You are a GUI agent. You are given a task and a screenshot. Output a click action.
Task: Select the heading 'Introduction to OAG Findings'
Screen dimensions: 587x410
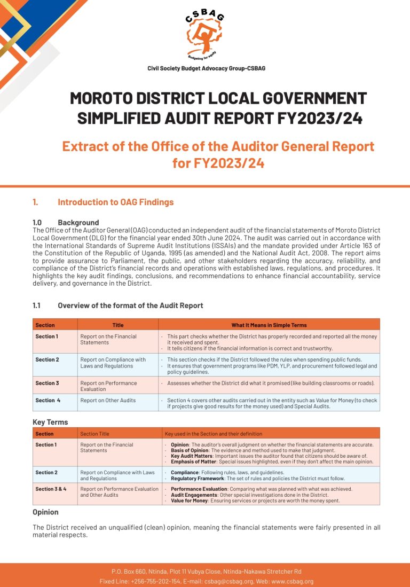point(115,202)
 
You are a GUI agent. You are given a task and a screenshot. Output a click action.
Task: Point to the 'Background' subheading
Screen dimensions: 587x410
point(78,222)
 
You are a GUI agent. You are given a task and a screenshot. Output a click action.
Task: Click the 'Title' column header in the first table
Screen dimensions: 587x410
point(118,325)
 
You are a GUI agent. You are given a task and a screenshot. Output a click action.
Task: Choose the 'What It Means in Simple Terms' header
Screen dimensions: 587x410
point(269,325)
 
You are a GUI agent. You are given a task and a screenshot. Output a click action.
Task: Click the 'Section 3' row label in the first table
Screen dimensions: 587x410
point(47,383)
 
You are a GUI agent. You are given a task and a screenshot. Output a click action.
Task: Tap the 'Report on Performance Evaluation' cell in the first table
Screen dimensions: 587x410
point(108,386)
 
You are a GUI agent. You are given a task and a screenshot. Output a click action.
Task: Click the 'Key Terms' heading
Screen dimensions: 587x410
point(50,422)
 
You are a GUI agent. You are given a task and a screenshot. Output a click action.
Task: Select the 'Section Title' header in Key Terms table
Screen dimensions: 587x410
point(94,434)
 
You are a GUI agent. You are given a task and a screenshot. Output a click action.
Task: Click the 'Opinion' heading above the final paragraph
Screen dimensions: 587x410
point(45,512)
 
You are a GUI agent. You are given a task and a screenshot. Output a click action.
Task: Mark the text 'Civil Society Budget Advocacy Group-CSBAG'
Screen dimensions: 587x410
point(206,68)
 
